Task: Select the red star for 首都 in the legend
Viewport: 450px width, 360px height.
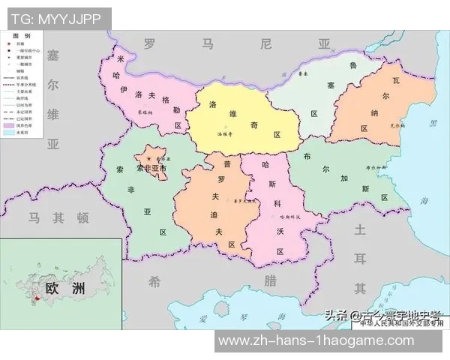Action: click(x=10, y=45)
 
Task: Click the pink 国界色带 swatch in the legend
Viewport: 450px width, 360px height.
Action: click(x=10, y=125)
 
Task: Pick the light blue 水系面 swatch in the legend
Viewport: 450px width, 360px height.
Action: click(x=10, y=133)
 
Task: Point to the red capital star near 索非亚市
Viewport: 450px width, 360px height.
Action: click(x=149, y=160)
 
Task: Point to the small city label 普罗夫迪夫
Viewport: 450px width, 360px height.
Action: click(x=244, y=202)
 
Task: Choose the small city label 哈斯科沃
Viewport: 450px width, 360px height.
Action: click(x=289, y=217)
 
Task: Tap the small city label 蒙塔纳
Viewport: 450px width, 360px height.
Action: click(x=145, y=112)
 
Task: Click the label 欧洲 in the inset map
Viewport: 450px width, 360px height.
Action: click(x=64, y=289)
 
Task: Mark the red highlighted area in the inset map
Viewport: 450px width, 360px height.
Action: click(x=34, y=301)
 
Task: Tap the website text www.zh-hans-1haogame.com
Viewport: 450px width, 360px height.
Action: click(x=315, y=341)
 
